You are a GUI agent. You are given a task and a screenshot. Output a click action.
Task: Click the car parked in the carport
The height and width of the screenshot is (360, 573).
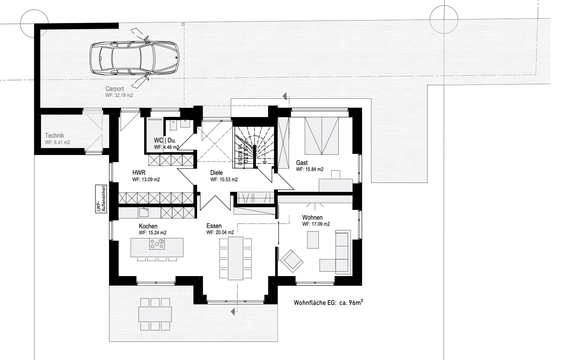tap(135, 58)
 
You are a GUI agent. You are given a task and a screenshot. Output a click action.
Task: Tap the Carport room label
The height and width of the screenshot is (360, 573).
tap(114, 89)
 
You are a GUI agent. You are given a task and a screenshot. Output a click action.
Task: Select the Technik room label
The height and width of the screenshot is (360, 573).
tap(54, 136)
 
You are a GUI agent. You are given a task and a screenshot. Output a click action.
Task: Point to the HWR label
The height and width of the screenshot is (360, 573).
tap(139, 173)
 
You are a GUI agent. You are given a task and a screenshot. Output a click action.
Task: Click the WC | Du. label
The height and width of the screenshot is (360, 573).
tap(165, 141)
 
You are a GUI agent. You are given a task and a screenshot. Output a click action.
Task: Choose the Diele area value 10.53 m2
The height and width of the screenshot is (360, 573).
tap(224, 180)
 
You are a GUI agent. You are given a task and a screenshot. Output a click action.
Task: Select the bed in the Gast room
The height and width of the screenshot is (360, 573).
tap(321, 135)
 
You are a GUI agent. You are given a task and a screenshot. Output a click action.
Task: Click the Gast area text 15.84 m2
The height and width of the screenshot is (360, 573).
tap(310, 169)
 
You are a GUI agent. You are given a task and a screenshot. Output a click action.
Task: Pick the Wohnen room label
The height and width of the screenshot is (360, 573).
tap(312, 218)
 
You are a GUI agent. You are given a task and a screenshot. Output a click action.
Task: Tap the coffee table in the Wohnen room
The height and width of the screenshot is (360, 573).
tap(313, 240)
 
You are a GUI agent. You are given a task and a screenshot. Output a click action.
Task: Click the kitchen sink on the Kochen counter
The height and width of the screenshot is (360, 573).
tap(144, 212)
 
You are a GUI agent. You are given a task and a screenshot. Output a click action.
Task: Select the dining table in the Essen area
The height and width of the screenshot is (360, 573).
tap(235, 258)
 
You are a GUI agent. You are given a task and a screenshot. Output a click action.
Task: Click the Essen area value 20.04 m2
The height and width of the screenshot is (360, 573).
tap(220, 233)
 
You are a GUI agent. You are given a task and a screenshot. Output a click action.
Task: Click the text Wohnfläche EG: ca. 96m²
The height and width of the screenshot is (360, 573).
tap(328, 303)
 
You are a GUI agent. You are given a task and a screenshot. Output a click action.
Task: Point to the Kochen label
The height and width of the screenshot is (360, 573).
tap(148, 226)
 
